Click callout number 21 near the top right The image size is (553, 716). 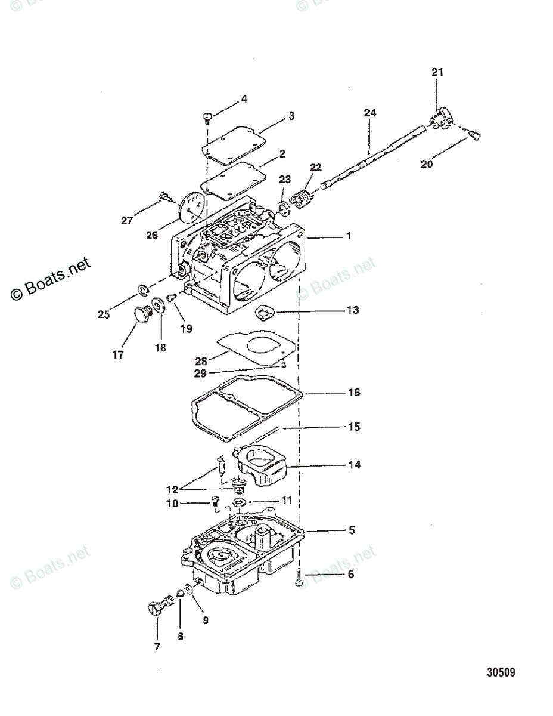click(x=438, y=72)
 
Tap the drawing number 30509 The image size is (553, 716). click(x=500, y=673)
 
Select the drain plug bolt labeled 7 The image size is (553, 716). click(x=156, y=607)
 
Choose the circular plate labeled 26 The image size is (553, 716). click(x=190, y=211)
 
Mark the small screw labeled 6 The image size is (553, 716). click(x=300, y=577)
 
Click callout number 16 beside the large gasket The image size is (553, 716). click(x=354, y=393)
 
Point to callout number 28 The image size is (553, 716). click(x=201, y=360)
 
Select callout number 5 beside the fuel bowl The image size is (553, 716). click(x=352, y=530)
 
